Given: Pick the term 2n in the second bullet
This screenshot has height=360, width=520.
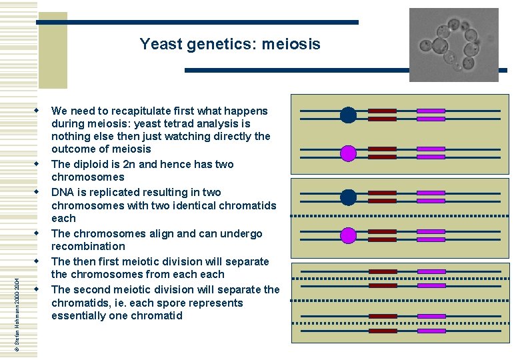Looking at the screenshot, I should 133,164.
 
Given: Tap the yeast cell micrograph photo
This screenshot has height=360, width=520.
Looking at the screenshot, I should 453,45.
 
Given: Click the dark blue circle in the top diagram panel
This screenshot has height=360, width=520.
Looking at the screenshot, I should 348,115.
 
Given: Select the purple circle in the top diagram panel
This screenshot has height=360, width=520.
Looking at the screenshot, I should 348,153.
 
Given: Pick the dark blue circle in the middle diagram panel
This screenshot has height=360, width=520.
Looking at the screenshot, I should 348,197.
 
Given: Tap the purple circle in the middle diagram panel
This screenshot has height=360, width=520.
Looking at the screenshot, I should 348,235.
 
